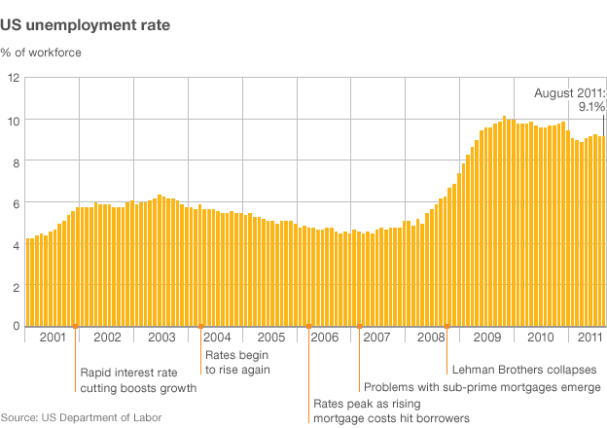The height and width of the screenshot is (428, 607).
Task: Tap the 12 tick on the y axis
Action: (13, 77)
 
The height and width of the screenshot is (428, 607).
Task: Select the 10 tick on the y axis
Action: (13, 119)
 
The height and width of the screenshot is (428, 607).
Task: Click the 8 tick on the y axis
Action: (15, 160)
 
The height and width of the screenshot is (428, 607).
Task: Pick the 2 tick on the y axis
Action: (15, 286)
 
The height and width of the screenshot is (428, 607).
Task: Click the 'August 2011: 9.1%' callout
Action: (570, 99)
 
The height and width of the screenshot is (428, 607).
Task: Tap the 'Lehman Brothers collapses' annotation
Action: (518, 370)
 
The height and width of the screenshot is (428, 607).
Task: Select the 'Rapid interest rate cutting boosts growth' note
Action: (138, 379)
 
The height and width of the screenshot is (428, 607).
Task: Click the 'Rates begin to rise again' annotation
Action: (236, 362)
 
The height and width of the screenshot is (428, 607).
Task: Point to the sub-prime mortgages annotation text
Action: (482, 387)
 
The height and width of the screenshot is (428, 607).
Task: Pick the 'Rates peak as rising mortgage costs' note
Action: (391, 410)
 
